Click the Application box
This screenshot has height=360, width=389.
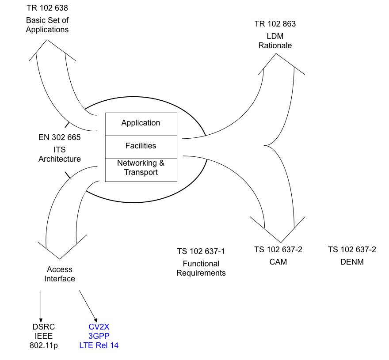click(141, 123)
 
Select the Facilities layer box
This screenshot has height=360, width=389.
click(141, 146)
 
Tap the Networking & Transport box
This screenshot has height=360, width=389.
click(141, 168)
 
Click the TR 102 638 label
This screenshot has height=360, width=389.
click(47, 8)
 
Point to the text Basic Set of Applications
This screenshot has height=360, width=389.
click(47, 25)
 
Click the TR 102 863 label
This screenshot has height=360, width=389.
click(275, 24)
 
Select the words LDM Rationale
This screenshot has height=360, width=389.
click(275, 41)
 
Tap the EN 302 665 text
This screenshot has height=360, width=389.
click(60, 137)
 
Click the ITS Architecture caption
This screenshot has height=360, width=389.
click(60, 155)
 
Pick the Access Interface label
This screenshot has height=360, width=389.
click(60, 274)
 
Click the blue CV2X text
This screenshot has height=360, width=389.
click(99, 327)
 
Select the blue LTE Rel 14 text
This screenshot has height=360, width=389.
click(99, 345)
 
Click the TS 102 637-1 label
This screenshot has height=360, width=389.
click(201, 251)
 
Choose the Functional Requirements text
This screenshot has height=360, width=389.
click(201, 268)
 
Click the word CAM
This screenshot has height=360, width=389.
click(278, 262)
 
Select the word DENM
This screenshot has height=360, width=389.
click(352, 262)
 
